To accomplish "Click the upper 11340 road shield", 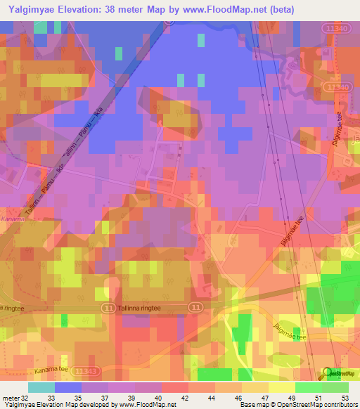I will click(x=337, y=27).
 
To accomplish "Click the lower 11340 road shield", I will click(x=338, y=86).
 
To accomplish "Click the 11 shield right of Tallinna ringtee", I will click(x=196, y=308).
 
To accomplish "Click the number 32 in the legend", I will click(x=24, y=398).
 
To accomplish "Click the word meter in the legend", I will click(x=10, y=398).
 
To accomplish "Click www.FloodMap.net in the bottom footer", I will click(x=147, y=405).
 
